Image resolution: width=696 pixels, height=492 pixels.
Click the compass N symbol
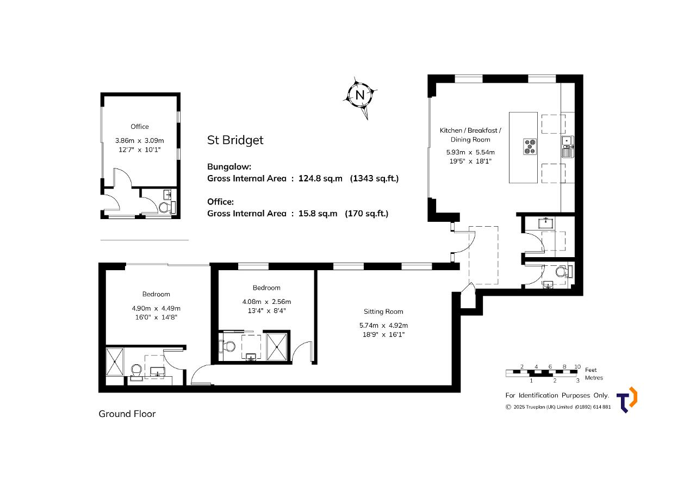click(x=360, y=95)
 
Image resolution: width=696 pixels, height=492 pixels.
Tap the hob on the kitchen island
click(x=530, y=147)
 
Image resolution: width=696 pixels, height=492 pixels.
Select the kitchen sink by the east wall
click(x=568, y=147)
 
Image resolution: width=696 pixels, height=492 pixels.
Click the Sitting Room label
click(x=383, y=312)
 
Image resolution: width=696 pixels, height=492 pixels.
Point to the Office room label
click(x=140, y=127)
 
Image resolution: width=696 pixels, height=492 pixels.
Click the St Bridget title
click(x=235, y=140)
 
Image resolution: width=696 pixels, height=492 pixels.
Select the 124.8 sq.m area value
click(x=320, y=179)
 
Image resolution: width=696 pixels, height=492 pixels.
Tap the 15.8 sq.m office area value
click(x=318, y=214)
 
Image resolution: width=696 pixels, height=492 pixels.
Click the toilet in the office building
click(x=167, y=207)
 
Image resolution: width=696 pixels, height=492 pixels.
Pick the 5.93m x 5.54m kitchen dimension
click(x=470, y=152)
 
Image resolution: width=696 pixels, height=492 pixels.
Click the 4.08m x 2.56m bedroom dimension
click(x=266, y=302)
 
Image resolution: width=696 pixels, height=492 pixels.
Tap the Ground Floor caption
click(x=127, y=414)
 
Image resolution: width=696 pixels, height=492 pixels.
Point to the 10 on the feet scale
click(x=577, y=366)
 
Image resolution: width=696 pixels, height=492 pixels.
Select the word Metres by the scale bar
click(x=594, y=378)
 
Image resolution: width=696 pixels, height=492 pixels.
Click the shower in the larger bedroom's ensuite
click(x=115, y=362)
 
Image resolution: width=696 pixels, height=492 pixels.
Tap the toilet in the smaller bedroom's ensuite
click(x=227, y=346)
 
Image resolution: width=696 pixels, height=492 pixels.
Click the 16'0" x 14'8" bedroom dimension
click(x=156, y=317)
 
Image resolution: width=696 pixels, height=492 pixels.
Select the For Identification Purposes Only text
click(x=557, y=395)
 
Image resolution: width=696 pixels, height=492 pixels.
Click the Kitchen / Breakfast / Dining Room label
click(x=470, y=135)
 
